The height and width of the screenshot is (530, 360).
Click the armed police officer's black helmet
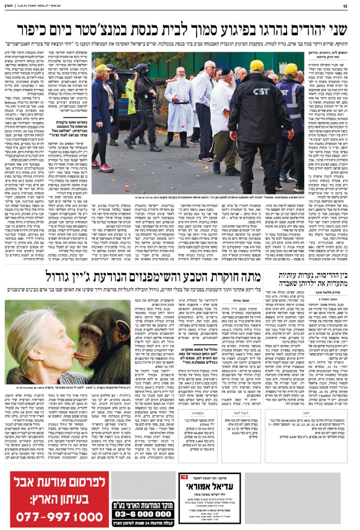click(140, 69)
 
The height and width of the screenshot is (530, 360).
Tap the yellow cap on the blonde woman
click(102, 68)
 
